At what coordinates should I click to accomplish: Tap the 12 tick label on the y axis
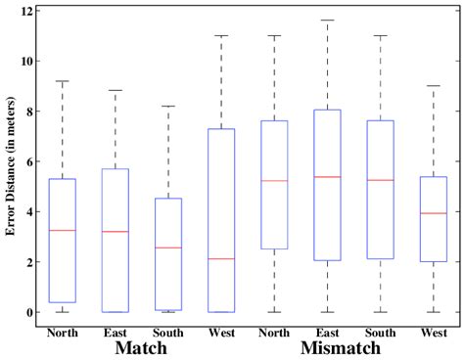point(28,11)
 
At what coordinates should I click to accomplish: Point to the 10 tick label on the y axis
point(28,62)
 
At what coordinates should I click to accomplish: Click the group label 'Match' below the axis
point(142,347)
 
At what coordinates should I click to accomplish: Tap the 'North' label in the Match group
point(63,333)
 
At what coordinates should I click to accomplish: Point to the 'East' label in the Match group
point(116,333)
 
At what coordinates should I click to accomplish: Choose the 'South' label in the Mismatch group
point(379,333)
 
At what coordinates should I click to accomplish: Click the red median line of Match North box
point(63,230)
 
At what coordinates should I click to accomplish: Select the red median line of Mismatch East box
point(326,177)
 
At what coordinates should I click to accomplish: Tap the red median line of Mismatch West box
point(432,213)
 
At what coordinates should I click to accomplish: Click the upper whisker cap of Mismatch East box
point(326,20)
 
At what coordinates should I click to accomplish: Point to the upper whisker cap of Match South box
point(168,106)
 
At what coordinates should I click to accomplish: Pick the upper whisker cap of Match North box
point(63,81)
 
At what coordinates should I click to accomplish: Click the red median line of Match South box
point(168,247)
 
